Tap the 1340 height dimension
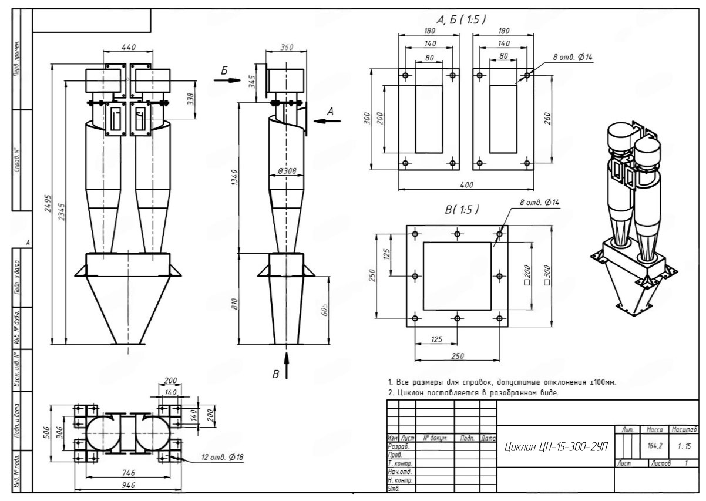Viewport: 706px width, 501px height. point(234,176)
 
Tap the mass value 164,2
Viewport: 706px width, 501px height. point(655,447)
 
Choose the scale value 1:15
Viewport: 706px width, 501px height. point(683,447)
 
